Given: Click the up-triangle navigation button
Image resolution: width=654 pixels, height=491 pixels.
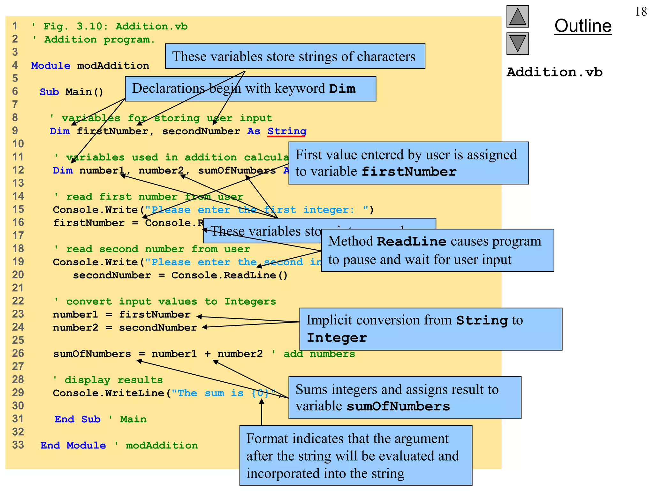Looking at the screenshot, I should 517,17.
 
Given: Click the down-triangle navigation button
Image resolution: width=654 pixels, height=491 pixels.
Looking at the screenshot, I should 517,43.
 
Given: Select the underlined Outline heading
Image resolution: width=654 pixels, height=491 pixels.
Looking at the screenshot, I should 583,26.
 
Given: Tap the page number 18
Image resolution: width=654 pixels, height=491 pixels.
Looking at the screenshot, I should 641,12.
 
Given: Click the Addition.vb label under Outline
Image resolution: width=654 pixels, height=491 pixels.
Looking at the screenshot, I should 554,72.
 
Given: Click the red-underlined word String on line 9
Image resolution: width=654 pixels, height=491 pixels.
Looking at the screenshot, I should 287,131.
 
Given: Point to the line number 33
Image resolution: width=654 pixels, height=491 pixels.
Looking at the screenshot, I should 18,445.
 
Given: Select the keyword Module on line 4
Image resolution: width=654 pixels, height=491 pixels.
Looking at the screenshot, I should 50,66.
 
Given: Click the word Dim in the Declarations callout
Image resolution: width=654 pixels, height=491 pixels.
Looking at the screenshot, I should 342,89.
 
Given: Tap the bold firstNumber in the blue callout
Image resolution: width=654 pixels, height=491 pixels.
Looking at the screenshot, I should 409,172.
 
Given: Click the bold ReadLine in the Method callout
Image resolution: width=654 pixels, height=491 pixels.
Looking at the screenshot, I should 412,241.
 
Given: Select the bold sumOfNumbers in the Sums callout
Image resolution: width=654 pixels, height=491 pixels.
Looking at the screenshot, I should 398,407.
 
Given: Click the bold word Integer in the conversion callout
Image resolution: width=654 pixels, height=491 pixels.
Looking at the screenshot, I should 337,338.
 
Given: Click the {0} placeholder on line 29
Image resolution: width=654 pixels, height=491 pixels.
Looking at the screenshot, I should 261,393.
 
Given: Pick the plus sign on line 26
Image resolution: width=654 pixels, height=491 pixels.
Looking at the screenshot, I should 208,354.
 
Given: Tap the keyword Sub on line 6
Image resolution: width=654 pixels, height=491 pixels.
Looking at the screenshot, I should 49,92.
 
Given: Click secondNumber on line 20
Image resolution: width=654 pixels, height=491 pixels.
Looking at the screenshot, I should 112,275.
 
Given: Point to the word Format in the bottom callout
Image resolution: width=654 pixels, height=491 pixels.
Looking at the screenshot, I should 268,439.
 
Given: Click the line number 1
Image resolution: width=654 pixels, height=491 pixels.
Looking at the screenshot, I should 15,26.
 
